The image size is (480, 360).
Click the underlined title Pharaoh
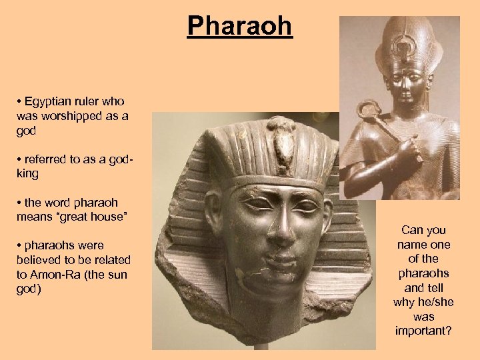pos(239,26)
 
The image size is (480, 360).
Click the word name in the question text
pos(405,245)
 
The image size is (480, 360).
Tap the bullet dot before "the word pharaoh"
pos(20,201)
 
